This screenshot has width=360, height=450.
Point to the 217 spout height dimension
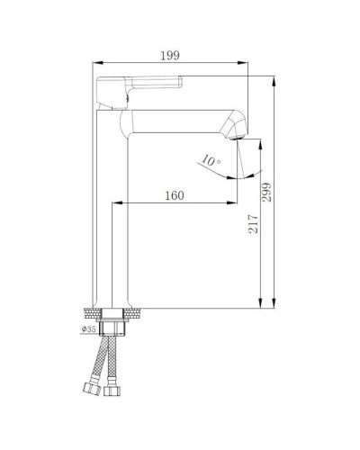(x=254, y=223)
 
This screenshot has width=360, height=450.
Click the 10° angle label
(x=209, y=161)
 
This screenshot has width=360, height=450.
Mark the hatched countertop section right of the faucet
(x=132, y=313)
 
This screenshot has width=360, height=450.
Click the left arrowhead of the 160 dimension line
(x=115, y=204)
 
